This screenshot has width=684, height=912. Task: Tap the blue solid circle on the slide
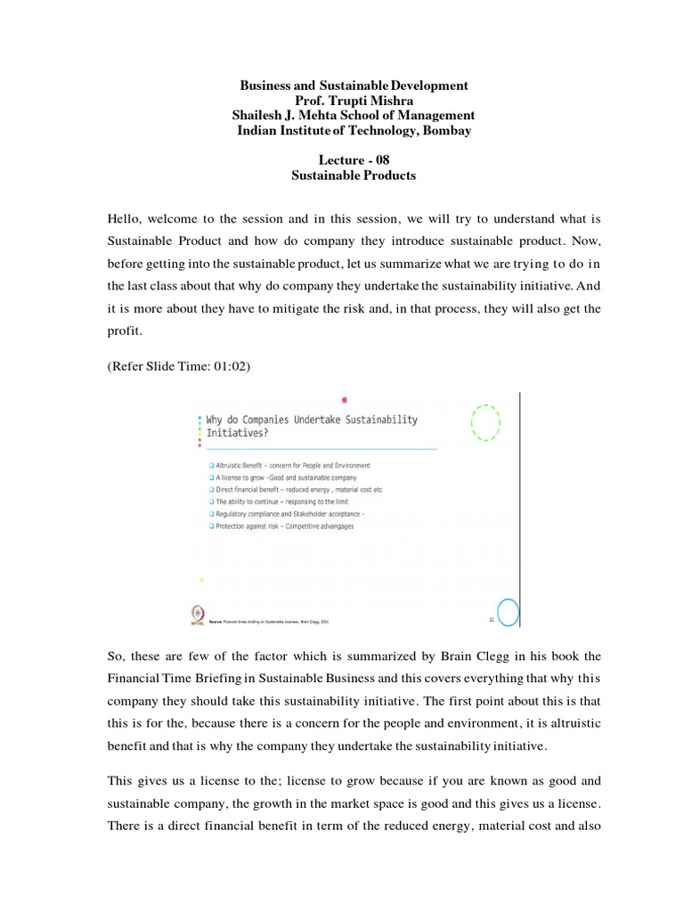508,612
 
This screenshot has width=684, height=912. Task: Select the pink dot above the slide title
345,400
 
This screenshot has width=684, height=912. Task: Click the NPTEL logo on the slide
197,615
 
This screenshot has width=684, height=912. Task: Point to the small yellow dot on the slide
202,580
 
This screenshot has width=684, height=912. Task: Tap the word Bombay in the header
447,131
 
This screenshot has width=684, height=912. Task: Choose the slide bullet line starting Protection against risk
279,526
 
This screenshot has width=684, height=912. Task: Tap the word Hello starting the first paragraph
126,218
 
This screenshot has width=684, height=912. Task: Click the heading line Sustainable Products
354,175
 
